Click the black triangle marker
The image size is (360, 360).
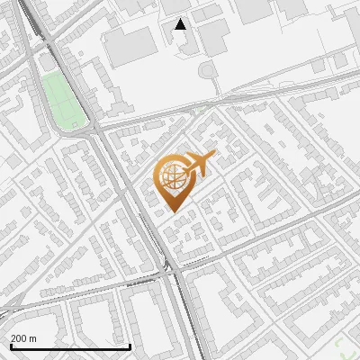click(181, 24)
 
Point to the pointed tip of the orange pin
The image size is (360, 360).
click(173, 211)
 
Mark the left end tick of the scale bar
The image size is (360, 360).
click(9, 346)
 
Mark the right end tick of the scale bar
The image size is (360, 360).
click(130, 346)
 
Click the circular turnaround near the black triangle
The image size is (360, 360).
click(209, 70)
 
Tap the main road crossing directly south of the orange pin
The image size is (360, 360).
click(168, 266)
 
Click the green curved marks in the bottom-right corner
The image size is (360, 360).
click(346, 346)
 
